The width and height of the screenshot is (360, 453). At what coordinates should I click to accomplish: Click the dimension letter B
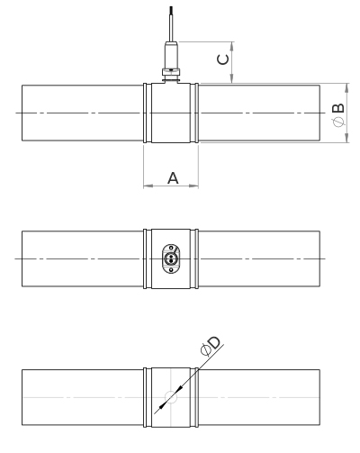337,110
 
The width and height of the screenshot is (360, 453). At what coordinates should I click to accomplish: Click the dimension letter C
225,60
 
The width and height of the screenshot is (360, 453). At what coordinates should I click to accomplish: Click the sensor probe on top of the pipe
170,59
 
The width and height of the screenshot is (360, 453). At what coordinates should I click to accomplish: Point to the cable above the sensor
169,18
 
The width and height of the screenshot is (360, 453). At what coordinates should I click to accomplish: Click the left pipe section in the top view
82,113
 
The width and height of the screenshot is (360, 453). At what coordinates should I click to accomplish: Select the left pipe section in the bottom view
82,397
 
